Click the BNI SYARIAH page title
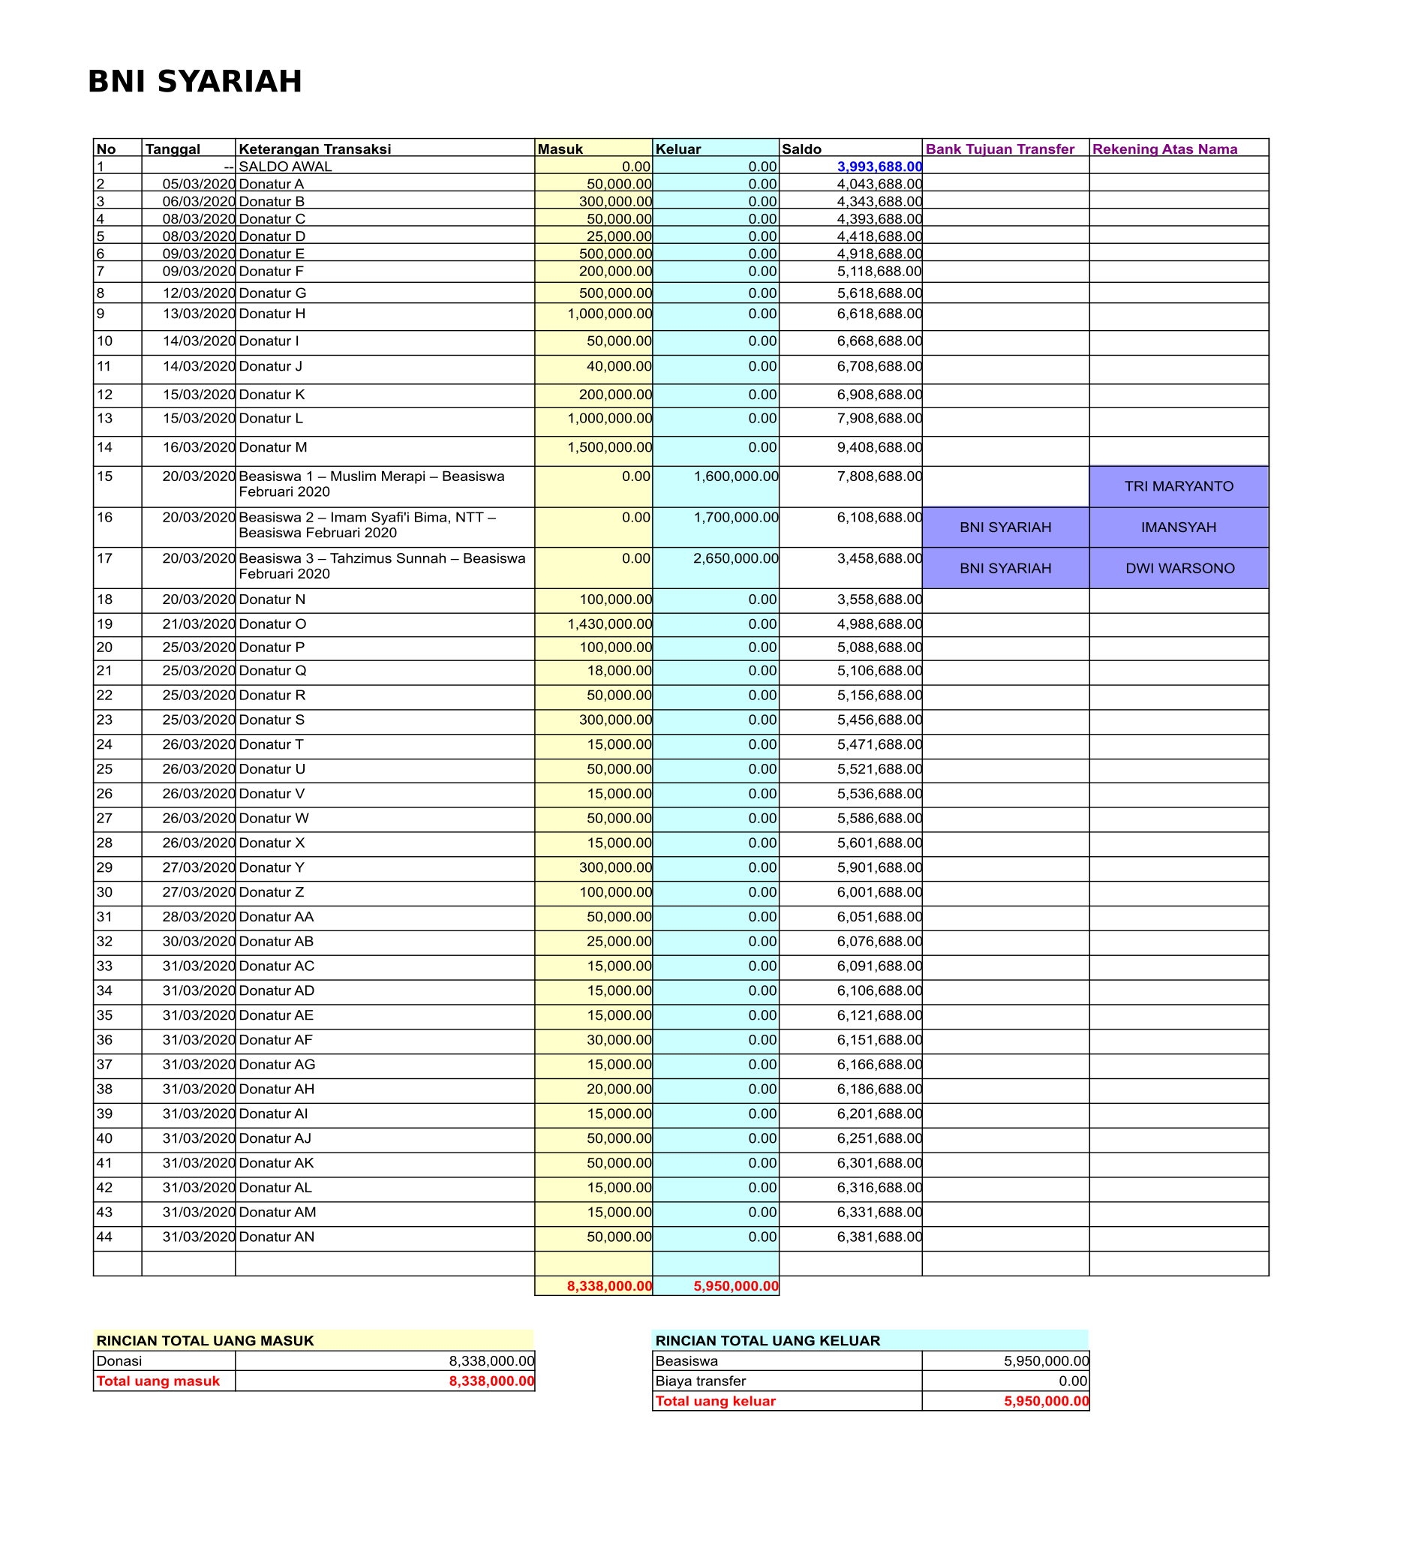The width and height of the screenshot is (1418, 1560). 194,81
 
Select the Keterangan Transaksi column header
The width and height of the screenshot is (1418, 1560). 314,149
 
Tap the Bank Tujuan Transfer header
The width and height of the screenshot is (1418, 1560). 999,149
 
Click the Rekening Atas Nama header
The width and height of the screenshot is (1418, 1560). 1164,149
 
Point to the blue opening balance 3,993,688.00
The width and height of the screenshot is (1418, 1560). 879,167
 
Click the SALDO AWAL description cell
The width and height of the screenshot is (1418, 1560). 284,167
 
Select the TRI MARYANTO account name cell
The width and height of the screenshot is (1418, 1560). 1178,486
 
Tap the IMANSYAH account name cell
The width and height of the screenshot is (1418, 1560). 1178,527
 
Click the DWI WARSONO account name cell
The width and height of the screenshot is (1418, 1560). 1179,568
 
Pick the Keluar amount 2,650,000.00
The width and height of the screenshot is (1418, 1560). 735,558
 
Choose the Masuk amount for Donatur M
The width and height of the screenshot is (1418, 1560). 610,447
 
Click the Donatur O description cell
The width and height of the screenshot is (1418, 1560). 272,624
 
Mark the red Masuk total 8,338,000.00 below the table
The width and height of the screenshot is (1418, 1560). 610,1286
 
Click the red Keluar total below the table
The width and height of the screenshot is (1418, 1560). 736,1286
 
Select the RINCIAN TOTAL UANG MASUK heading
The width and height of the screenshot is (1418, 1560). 205,1341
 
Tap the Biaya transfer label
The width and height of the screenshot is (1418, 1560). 700,1381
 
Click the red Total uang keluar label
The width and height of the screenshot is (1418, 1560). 715,1402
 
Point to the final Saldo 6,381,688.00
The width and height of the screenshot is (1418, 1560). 879,1237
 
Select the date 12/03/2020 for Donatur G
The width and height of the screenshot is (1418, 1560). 198,293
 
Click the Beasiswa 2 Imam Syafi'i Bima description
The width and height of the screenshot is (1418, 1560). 368,525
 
